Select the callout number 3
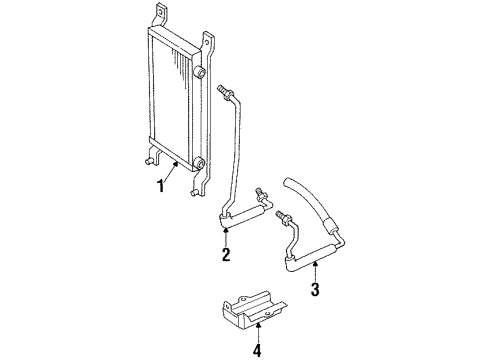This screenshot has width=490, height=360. (316, 291)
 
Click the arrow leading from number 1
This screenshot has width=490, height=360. (175, 173)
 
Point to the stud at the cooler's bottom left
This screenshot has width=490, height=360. (146, 160)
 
